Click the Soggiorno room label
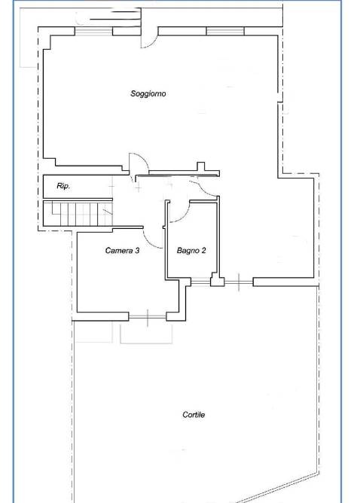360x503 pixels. click(x=148, y=93)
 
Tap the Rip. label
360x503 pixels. click(x=63, y=186)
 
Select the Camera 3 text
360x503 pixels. click(x=122, y=251)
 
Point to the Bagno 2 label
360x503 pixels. click(x=191, y=251)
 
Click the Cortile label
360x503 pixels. click(x=194, y=415)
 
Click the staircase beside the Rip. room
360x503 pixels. click(x=78, y=213)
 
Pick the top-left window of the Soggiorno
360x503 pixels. click(x=93, y=31)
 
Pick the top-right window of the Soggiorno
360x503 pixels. click(x=225, y=31)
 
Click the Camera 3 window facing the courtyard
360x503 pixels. click(x=148, y=317)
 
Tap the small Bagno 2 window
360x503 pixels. click(x=200, y=282)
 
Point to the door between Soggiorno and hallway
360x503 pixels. click(x=139, y=165)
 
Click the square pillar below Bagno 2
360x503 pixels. click(x=217, y=280)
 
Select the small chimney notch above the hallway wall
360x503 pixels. click(x=200, y=166)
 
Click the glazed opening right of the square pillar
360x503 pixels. click(x=239, y=282)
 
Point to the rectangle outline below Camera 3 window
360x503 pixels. click(x=146, y=334)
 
